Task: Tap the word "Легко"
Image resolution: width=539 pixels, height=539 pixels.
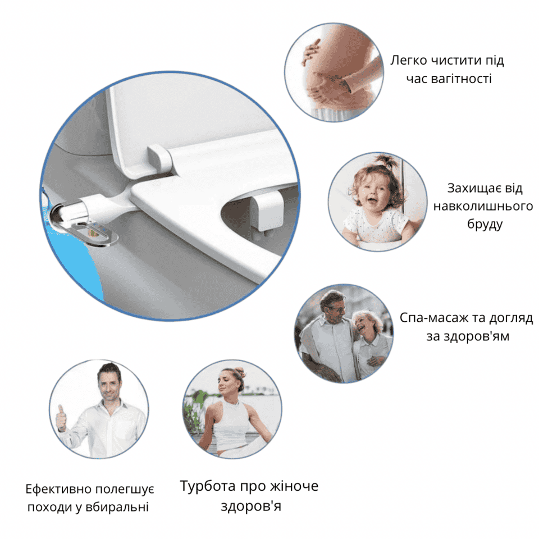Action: (408, 61)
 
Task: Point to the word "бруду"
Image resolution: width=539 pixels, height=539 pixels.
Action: (485, 224)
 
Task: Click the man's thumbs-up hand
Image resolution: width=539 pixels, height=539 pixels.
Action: (62, 418)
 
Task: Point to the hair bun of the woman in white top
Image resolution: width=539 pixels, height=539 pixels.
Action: (240, 372)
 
